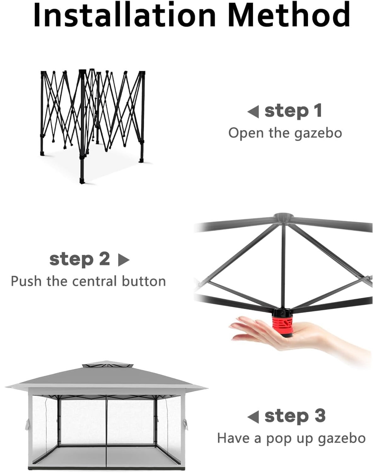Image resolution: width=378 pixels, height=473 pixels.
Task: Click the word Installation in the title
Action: [124, 15]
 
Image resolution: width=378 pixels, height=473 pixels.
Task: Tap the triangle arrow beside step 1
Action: [253, 111]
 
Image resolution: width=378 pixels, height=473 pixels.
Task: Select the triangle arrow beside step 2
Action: [124, 260]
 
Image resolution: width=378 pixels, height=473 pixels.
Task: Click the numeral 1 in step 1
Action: [318, 111]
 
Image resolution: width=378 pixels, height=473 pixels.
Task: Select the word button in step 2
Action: [144, 281]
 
